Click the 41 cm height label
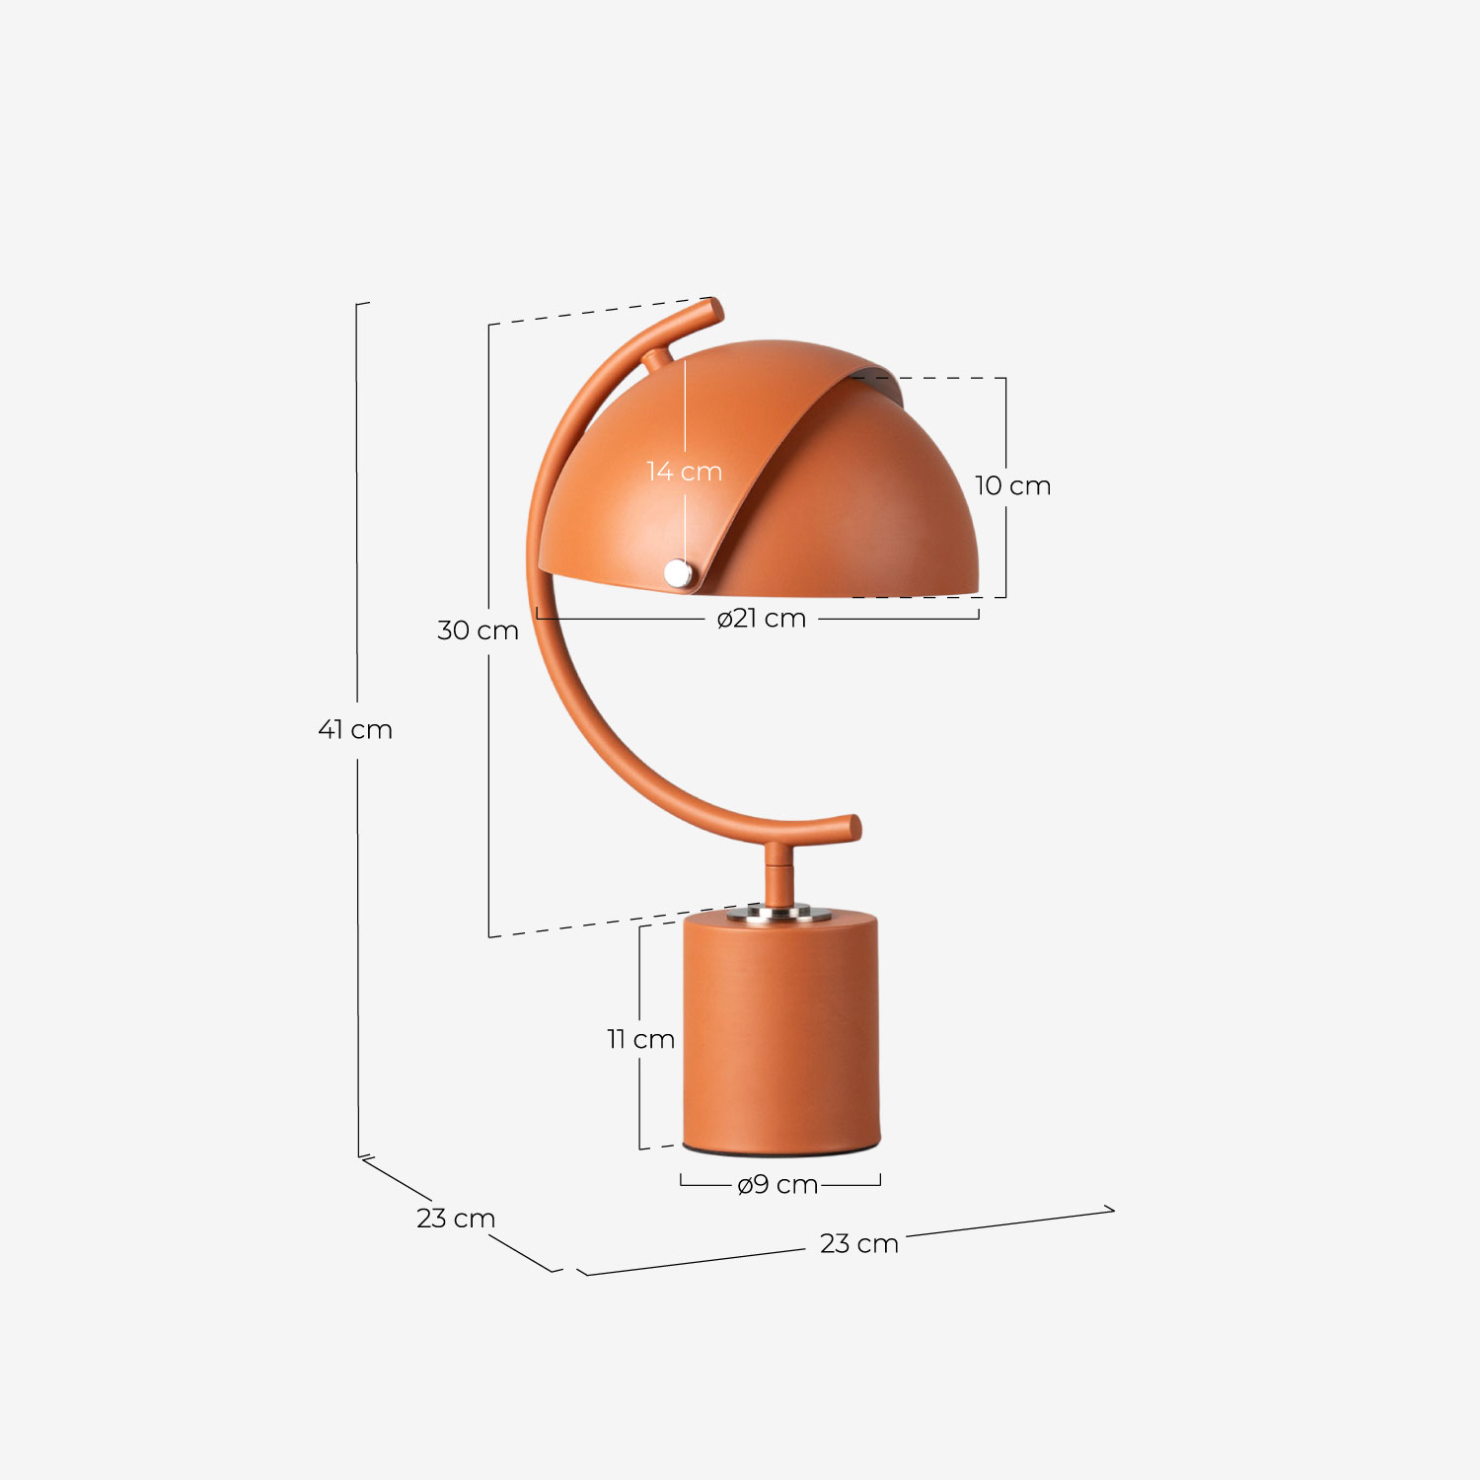[355, 730]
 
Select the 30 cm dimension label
[478, 630]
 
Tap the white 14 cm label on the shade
[684, 472]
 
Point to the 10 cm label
[1012, 485]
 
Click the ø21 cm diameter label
[762, 619]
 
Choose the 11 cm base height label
[640, 1039]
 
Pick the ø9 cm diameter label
[777, 1184]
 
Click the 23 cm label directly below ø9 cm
[858, 1243]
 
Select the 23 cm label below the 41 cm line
[455, 1219]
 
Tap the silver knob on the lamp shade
[678, 572]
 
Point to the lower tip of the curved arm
[851, 827]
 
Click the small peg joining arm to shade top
[658, 359]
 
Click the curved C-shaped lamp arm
[572, 681]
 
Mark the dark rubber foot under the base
[779, 1152]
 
